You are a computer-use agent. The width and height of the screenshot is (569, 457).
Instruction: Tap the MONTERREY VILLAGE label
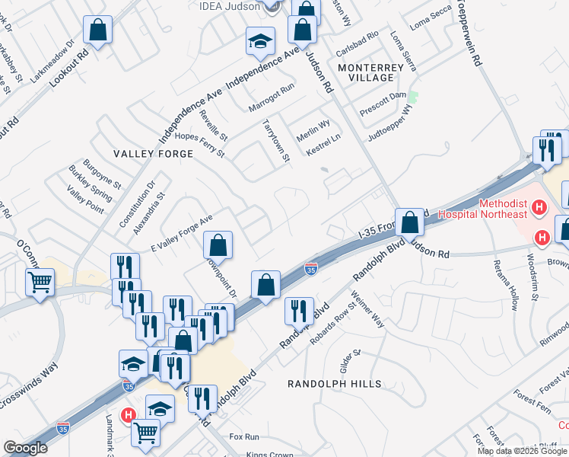[x=370, y=73]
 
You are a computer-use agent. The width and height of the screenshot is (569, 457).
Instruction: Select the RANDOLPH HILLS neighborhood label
[x=334, y=384]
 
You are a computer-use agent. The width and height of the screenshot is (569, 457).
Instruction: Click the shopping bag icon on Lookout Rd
[x=98, y=31]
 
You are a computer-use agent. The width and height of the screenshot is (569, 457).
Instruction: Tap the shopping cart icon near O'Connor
[x=40, y=283]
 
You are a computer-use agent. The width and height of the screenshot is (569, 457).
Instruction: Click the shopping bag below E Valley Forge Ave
[x=218, y=245]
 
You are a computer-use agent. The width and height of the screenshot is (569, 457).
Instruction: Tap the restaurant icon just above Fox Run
[x=203, y=398]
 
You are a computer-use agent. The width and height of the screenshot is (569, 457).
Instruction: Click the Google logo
[x=25, y=448]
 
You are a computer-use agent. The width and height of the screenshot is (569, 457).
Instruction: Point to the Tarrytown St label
[x=275, y=140]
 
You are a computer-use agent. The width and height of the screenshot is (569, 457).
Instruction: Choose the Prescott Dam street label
[x=383, y=111]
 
